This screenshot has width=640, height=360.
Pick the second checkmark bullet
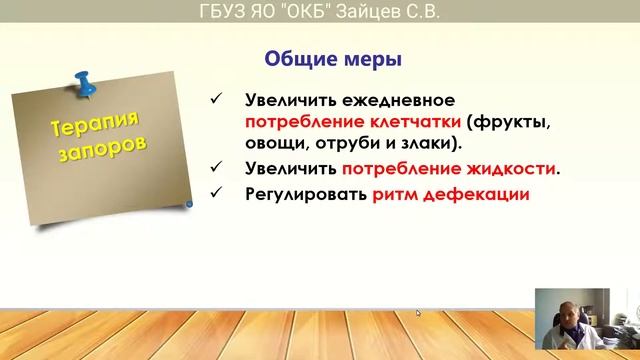pyautogui.click(x=217, y=168)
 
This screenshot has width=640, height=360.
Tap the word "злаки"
pyautogui.click(x=418, y=146)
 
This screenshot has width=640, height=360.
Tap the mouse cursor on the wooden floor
pyautogui.click(x=419, y=312)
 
